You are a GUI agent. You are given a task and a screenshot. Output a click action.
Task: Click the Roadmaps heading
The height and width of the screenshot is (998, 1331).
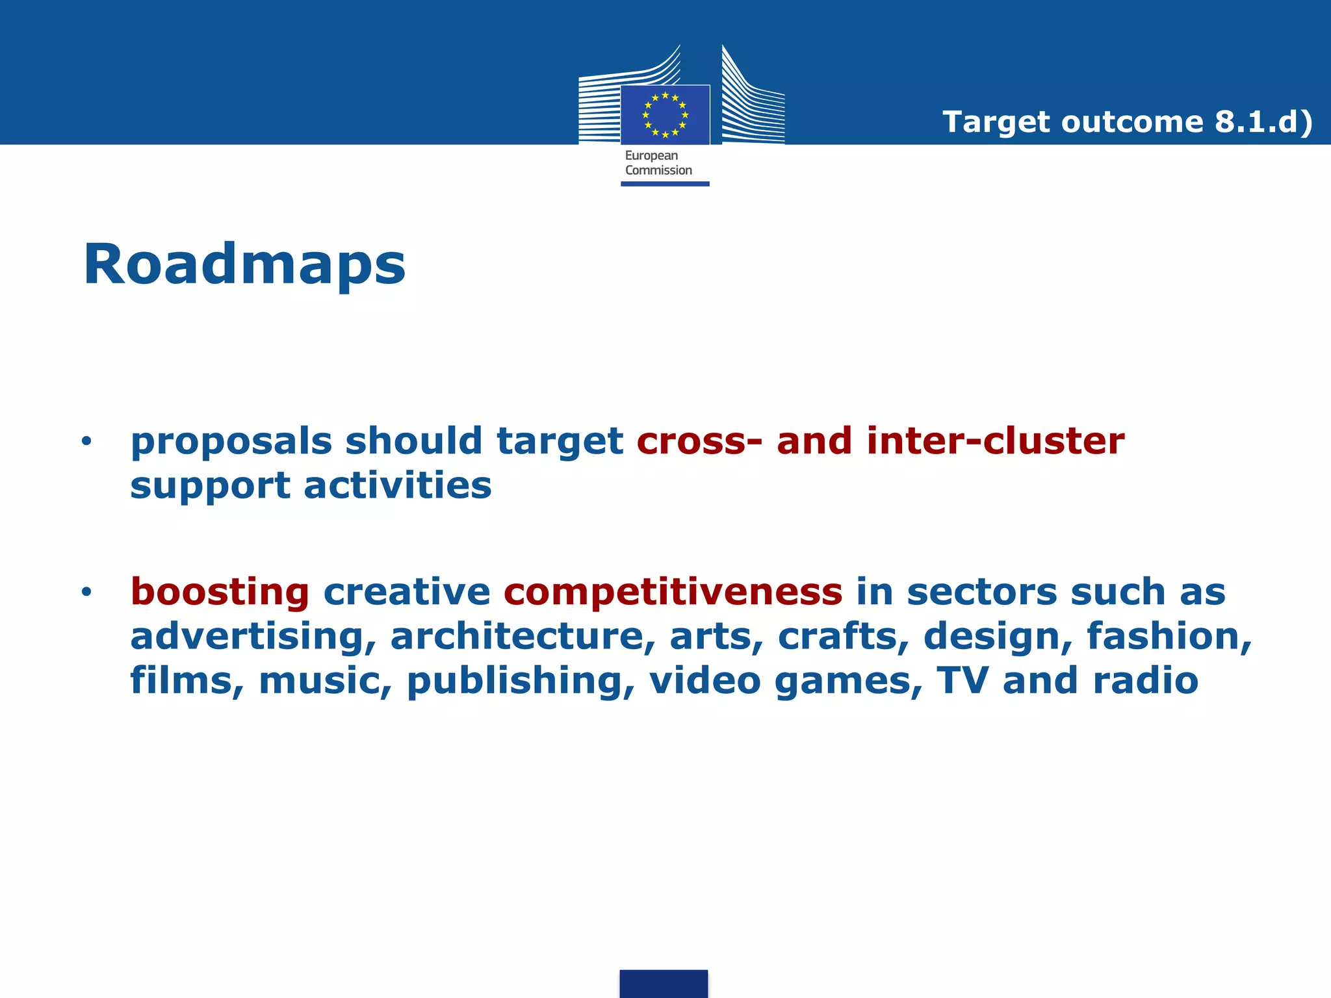click(244, 264)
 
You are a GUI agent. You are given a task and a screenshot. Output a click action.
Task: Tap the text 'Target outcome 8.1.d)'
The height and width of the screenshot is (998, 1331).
click(1127, 122)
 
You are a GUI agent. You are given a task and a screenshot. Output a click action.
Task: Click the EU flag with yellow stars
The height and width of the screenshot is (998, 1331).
click(665, 115)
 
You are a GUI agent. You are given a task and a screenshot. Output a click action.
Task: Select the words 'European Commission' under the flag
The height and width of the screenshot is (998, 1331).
click(658, 163)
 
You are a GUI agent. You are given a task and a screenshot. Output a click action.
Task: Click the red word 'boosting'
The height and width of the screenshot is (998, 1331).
click(220, 592)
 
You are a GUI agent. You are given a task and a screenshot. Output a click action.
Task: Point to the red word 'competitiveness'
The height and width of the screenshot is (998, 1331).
click(673, 592)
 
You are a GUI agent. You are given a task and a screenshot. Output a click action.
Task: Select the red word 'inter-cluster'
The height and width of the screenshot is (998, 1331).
click(995, 441)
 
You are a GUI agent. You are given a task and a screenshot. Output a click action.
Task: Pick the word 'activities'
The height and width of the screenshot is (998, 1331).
click(398, 485)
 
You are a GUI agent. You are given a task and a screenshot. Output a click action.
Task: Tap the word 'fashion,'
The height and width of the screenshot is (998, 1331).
click(1169, 636)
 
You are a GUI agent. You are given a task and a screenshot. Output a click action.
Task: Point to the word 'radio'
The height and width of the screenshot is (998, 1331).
click(1145, 680)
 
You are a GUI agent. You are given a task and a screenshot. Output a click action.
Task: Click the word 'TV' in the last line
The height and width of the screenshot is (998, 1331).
click(962, 680)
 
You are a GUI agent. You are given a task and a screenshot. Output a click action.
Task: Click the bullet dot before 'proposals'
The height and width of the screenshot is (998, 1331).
click(86, 442)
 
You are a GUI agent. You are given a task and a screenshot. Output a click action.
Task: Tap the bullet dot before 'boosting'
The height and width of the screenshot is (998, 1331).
click(86, 592)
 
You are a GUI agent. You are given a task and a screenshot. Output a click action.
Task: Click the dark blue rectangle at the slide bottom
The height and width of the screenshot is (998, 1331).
click(664, 983)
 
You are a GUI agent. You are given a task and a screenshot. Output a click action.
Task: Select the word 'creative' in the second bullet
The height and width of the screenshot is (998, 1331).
click(406, 592)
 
